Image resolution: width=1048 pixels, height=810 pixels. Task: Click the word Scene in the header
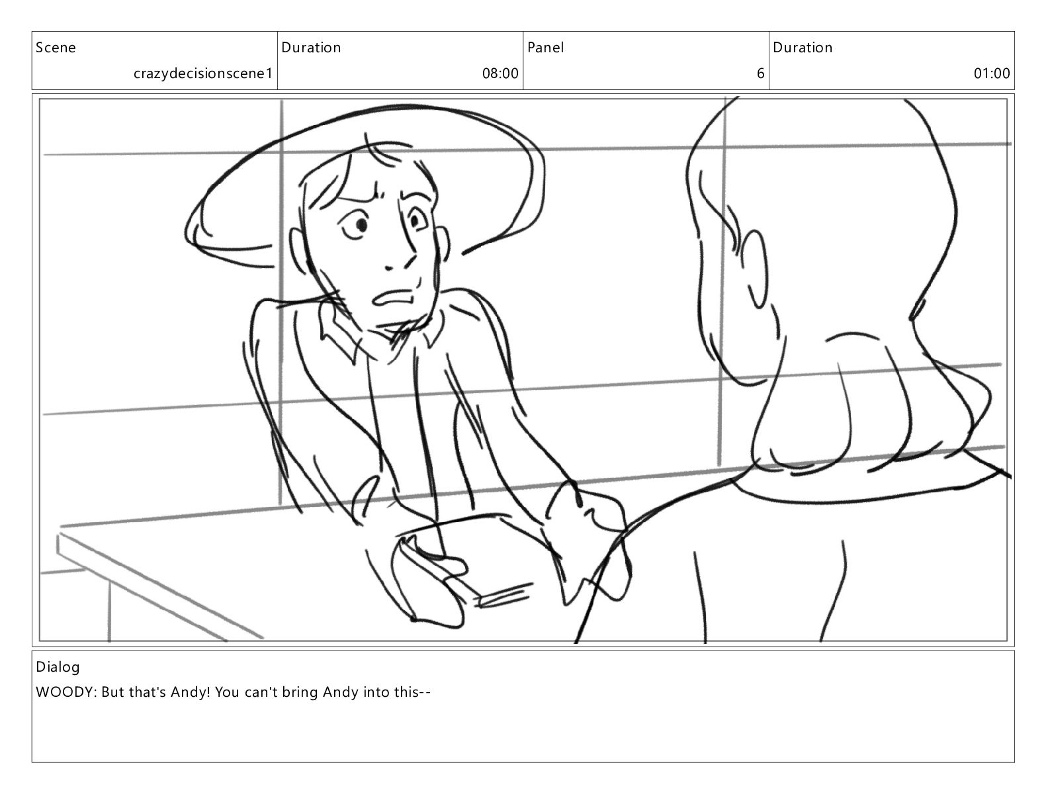[56, 48]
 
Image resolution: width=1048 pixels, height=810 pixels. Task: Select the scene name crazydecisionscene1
[203, 73]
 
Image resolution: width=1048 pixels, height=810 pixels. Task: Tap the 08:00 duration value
[500, 73]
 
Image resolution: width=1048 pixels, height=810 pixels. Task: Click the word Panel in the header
[545, 47]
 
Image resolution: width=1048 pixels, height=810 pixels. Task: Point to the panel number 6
[761, 73]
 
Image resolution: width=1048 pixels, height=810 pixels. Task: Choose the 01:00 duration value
[992, 73]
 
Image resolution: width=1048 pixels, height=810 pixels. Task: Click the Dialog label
[58, 668]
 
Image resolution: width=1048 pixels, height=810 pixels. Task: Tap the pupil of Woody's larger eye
[361, 224]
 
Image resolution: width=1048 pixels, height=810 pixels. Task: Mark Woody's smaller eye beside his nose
[414, 220]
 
